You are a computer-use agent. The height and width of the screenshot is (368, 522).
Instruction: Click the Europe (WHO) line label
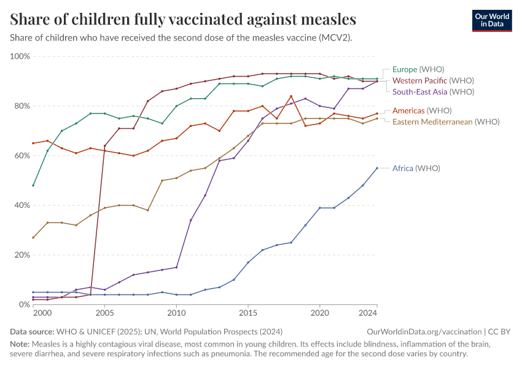(418, 69)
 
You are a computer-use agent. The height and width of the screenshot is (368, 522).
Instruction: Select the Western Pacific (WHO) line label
(433, 80)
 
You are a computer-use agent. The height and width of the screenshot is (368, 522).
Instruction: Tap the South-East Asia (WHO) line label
(433, 91)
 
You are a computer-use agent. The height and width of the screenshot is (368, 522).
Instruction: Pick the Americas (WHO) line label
(422, 110)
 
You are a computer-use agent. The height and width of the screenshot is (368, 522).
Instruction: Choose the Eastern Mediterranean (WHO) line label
(446, 121)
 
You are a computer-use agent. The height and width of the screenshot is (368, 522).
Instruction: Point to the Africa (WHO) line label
(416, 168)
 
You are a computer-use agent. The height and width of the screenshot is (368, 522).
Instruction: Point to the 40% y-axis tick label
(21, 205)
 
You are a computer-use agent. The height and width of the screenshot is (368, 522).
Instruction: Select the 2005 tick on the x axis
(104, 313)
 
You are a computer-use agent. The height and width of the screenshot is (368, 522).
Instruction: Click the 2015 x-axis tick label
(247, 313)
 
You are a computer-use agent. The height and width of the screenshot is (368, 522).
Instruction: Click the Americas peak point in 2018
(291, 96)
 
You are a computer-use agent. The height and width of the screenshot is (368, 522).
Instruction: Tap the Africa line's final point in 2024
(377, 168)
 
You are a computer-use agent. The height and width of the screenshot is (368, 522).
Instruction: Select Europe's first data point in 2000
(33, 185)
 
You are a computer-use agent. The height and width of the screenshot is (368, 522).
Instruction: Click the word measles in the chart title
(325, 19)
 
